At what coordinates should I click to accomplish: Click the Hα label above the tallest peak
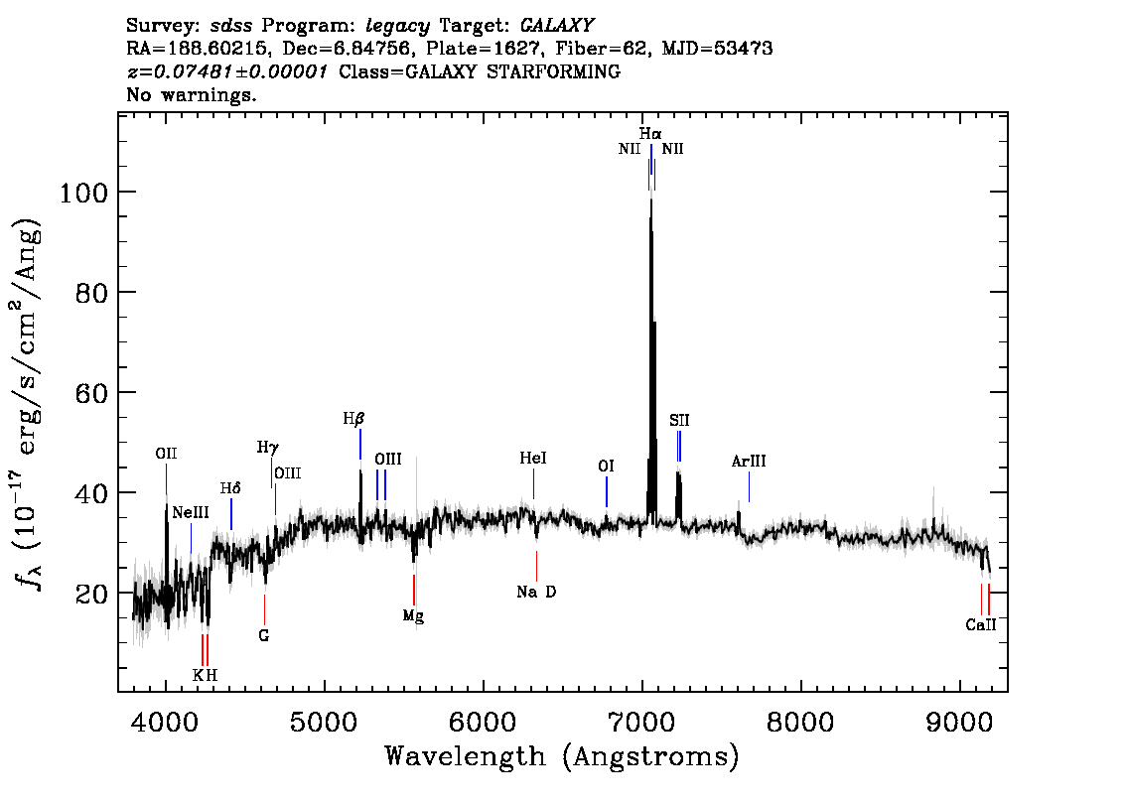[650, 134]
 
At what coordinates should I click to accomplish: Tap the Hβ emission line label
[354, 419]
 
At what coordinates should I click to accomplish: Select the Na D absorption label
[536, 593]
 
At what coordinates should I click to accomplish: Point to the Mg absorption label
[413, 616]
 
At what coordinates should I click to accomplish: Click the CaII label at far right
[981, 624]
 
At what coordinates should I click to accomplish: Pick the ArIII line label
[749, 462]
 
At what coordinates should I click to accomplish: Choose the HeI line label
[533, 458]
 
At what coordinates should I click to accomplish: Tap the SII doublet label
[679, 421]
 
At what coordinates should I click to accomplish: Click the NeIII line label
[191, 512]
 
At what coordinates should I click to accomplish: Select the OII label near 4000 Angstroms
[166, 454]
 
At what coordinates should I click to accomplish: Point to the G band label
[263, 635]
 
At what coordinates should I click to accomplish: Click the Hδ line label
[230, 488]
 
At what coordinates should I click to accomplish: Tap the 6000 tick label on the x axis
[484, 723]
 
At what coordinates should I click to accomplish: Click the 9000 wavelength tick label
[960, 723]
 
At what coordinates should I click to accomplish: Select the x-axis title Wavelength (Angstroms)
[562, 757]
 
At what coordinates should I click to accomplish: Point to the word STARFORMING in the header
[554, 71]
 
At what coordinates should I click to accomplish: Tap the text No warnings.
[191, 94]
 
